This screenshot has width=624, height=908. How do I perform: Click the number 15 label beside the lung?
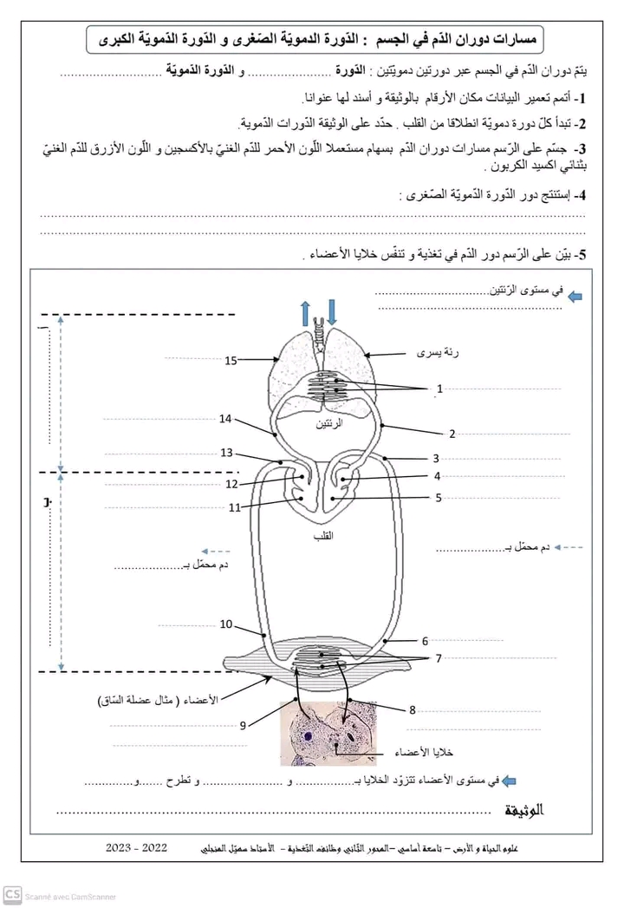pyautogui.click(x=231, y=360)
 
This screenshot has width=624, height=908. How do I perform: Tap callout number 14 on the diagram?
pyautogui.click(x=225, y=419)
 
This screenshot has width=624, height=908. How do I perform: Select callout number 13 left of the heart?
pyautogui.click(x=227, y=453)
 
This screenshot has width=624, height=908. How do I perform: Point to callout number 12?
pyautogui.click(x=231, y=484)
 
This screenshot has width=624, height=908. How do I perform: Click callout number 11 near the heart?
pyautogui.click(x=235, y=508)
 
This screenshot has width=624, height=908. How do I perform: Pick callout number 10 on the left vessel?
pyautogui.click(x=225, y=624)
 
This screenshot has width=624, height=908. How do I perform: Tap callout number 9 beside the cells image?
pyautogui.click(x=244, y=725)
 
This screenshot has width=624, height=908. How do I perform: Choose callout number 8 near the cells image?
pyautogui.click(x=413, y=710)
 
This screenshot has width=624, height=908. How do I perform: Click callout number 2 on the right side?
pyautogui.click(x=452, y=434)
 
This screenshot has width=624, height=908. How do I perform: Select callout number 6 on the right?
pyautogui.click(x=426, y=641)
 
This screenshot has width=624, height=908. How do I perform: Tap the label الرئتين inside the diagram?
pyautogui.click(x=328, y=424)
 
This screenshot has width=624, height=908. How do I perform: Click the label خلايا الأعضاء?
pyautogui.click(x=425, y=752)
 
